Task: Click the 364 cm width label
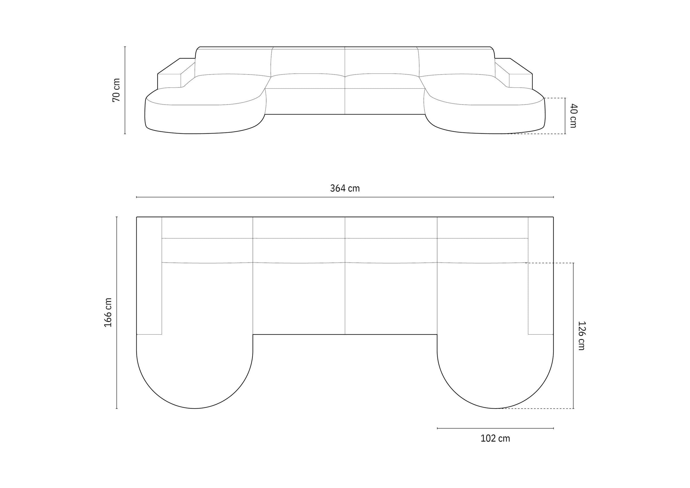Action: [345, 188]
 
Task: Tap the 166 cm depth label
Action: [108, 312]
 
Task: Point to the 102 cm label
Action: [495, 439]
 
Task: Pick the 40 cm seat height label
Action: [573, 116]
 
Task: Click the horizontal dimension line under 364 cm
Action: [345, 197]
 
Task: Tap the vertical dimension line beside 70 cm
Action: [125, 90]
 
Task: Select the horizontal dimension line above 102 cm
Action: [495, 428]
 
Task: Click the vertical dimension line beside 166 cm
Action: [117, 312]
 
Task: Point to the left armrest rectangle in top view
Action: [149, 275]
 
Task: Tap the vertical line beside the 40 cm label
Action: [565, 116]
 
